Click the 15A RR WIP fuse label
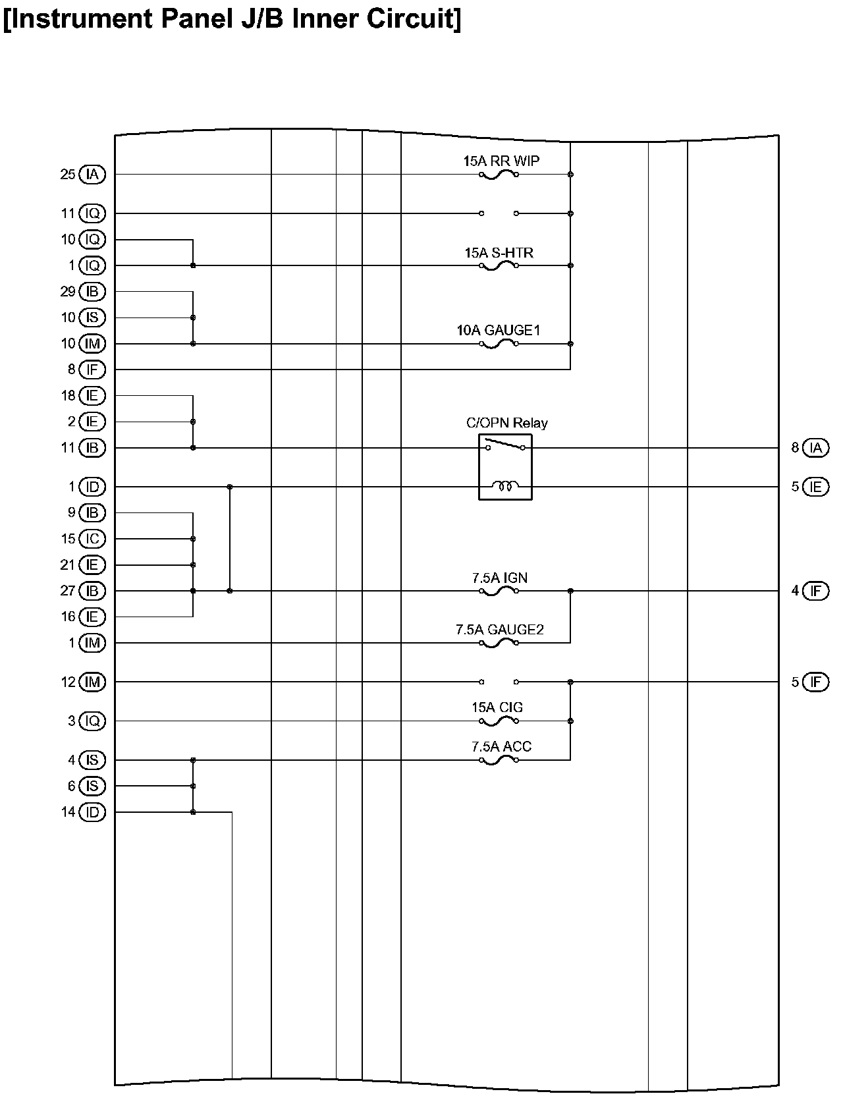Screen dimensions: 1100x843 click(x=501, y=161)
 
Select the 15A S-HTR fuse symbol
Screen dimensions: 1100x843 click(x=499, y=266)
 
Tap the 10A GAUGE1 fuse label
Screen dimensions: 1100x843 click(x=499, y=330)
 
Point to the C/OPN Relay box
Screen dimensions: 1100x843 click(x=505, y=467)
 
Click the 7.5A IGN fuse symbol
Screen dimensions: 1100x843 click(x=499, y=591)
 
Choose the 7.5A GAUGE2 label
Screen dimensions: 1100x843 click(x=499, y=630)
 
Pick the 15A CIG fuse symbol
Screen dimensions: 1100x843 click(x=499, y=722)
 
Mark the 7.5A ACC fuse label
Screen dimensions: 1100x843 click(x=501, y=746)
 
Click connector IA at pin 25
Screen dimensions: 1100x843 click(x=92, y=175)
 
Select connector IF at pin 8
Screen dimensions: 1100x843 click(x=92, y=370)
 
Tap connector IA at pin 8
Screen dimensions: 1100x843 click(x=816, y=448)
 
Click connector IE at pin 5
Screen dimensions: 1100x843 click(x=816, y=487)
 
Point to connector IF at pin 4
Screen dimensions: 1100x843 click(x=816, y=591)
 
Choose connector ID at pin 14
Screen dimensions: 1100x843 click(x=92, y=812)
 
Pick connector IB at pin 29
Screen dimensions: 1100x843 click(x=92, y=291)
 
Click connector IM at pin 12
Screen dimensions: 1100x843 click(x=92, y=682)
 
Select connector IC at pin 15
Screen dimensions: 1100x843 click(x=92, y=539)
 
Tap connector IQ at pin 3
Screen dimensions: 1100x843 click(x=92, y=721)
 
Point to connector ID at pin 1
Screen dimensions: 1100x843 click(x=92, y=487)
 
